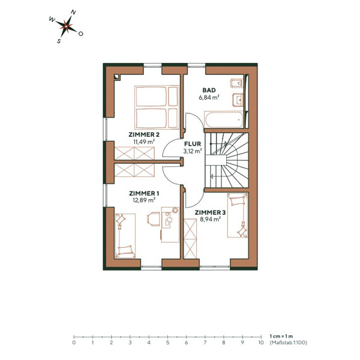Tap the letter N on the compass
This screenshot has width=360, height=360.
pyautogui.click(x=73, y=11)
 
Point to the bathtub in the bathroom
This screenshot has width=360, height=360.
pyautogui.click(x=223, y=120)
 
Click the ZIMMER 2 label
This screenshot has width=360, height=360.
pyautogui.click(x=144, y=134)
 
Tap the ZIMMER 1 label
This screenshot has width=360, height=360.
pyautogui.click(x=144, y=193)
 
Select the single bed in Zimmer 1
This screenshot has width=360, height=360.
pyautogui.click(x=124, y=235)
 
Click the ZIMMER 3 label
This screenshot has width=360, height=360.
pyautogui.click(x=210, y=212)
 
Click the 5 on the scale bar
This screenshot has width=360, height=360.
pyautogui.click(x=167, y=343)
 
